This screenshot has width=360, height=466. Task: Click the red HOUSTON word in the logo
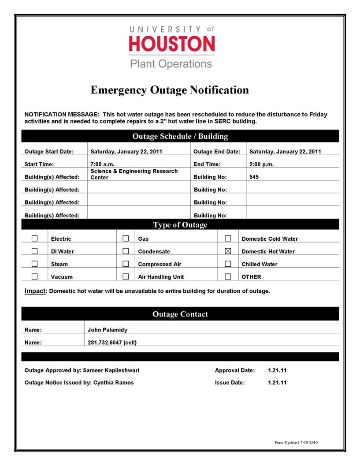click(172, 44)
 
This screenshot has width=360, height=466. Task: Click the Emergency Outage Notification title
click(170, 90)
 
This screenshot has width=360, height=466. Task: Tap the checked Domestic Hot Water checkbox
click(228, 251)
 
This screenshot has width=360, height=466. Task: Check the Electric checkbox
click(35, 239)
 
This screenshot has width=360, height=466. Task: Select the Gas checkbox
click(126, 239)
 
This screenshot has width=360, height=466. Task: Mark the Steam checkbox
click(35, 264)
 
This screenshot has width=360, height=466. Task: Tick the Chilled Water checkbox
click(228, 264)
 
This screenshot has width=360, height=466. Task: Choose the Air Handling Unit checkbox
click(126, 277)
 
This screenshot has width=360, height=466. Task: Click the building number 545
click(254, 177)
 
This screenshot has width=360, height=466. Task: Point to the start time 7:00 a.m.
click(103, 164)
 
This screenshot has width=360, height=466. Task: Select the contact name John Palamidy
click(108, 329)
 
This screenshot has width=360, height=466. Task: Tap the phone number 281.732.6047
click(112, 343)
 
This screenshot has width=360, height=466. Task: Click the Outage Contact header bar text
click(180, 314)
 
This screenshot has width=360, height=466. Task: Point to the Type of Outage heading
click(180, 225)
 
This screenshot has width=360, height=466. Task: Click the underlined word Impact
click(35, 291)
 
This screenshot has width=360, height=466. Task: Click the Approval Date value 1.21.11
click(277, 370)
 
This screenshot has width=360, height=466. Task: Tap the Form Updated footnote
click(295, 442)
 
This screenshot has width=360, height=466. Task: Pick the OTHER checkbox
click(228, 277)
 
